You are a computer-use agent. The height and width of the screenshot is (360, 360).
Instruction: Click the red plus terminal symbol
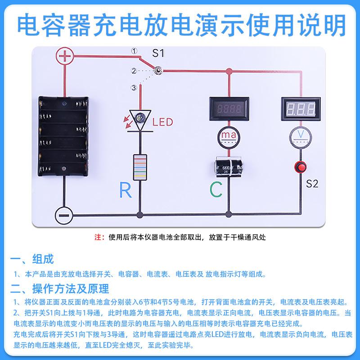(x=65, y=56)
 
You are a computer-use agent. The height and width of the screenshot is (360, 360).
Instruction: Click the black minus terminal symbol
(x=64, y=216)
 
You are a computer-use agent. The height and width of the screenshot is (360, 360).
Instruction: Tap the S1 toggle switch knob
(x=158, y=70)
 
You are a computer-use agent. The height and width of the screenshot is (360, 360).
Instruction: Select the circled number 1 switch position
(x=134, y=51)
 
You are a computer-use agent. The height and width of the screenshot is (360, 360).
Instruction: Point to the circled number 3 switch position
(x=134, y=87)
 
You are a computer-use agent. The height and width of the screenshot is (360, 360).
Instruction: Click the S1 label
(x=158, y=53)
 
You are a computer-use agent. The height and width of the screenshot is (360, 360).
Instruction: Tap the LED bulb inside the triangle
(x=140, y=118)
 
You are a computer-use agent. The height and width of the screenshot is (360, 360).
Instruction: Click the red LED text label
(x=163, y=122)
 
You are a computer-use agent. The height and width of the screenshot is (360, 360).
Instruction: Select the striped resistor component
(x=140, y=167)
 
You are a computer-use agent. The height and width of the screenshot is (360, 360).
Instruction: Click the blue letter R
(x=126, y=189)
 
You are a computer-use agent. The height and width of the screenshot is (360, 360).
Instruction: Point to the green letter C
(x=216, y=189)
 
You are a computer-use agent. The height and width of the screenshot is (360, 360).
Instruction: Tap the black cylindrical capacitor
(x=229, y=166)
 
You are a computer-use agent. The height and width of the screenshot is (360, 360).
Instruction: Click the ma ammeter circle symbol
(x=229, y=137)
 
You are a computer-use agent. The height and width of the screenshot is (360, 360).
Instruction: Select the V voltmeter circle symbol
(x=301, y=137)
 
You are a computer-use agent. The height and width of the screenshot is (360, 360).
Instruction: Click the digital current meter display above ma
(x=229, y=109)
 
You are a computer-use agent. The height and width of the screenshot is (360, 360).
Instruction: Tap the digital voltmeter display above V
(x=301, y=109)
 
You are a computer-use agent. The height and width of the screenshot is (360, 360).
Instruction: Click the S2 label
(x=312, y=184)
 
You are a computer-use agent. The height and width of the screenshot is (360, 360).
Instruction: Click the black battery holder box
(x=63, y=136)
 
